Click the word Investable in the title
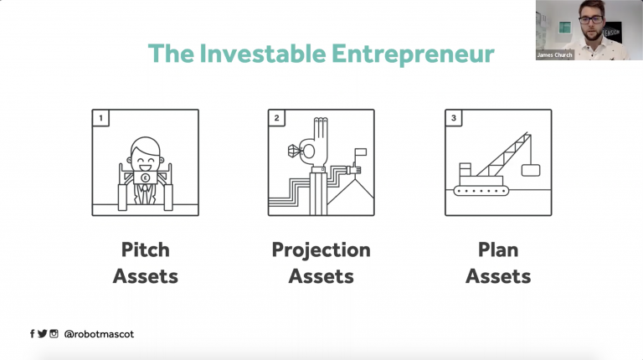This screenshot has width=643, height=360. [263, 54]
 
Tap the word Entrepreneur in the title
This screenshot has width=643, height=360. [413, 54]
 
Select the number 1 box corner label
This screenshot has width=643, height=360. [100, 118]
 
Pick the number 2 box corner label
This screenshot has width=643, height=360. [276, 118]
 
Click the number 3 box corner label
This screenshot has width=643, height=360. [454, 118]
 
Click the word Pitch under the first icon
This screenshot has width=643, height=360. [145, 249]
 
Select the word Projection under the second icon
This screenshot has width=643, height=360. [321, 250]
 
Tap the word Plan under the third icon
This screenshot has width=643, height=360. [498, 249]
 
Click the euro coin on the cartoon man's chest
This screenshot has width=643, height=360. [145, 178]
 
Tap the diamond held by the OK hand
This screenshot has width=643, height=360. [296, 152]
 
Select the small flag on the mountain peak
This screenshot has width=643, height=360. [360, 152]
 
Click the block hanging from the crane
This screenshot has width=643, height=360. [531, 170]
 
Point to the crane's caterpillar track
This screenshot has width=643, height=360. [481, 191]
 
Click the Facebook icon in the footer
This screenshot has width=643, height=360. [33, 334]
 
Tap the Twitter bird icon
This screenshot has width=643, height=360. [42, 334]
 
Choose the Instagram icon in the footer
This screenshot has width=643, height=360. [54, 334]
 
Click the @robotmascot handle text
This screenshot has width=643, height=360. [99, 334]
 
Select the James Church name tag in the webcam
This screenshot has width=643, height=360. [554, 55]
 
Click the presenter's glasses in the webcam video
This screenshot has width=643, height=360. [591, 19]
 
